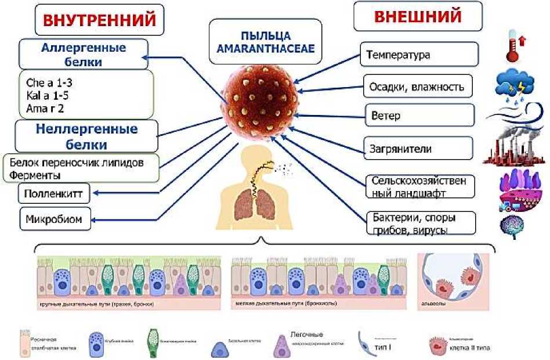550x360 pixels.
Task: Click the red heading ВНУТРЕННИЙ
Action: [x=97, y=20]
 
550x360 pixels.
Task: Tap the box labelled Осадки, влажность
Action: [x=417, y=87]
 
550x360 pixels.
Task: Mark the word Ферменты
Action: [x=35, y=174]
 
